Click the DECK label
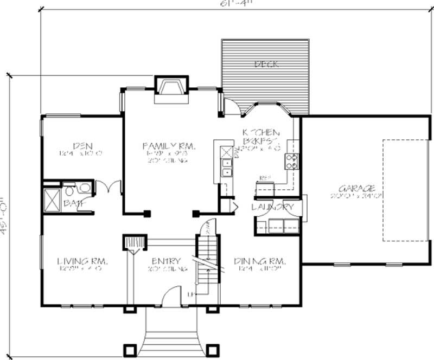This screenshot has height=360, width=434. (266, 65)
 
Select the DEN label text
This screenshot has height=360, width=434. (82, 146)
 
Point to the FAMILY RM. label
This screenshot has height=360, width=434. (169, 146)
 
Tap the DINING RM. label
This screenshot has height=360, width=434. (259, 261)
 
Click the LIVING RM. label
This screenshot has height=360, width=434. (82, 261)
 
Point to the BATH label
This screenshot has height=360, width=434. (71, 203)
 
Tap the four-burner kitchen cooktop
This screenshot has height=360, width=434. (292, 160)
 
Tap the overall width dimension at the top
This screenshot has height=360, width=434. (231, 2)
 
